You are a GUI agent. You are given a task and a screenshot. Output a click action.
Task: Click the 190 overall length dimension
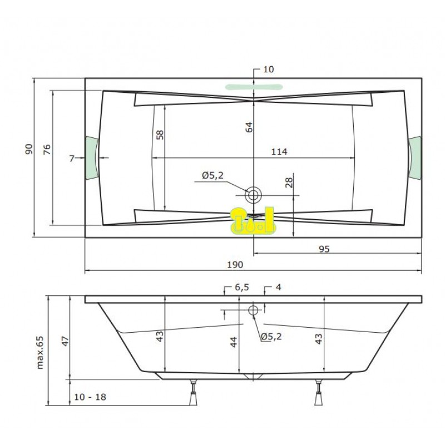(235, 265)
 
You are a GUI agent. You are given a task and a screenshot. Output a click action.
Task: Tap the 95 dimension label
(324, 249)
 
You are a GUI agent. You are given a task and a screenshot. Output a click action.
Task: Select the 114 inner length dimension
(279, 152)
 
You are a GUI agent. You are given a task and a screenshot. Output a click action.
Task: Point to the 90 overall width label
(29, 149)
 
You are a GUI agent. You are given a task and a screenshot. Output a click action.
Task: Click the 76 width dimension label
(47, 150)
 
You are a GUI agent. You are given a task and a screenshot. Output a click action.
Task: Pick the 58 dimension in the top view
(160, 135)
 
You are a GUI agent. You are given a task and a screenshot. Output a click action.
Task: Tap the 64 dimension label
(249, 127)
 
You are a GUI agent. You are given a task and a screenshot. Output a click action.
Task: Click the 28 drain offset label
(289, 183)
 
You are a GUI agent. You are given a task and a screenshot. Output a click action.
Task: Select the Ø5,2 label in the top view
(213, 176)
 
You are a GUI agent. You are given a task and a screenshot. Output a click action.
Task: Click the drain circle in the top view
(253, 195)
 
